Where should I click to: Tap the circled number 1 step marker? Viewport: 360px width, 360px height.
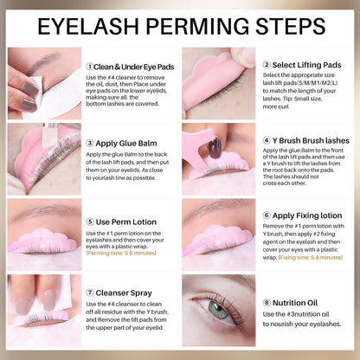pos(91,66)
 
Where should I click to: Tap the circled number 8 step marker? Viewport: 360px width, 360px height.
pos(267,302)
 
